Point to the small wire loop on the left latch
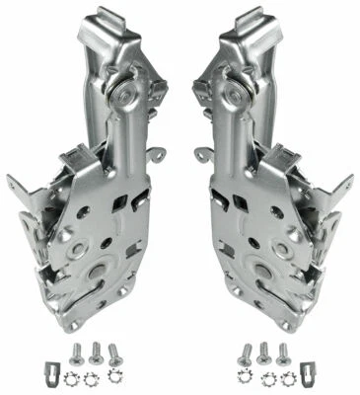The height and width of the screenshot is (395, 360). [156, 155]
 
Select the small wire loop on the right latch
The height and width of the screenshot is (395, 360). [204, 155]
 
